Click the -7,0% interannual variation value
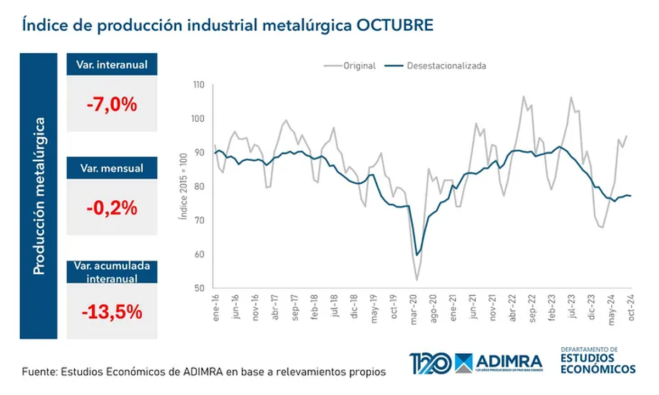(111, 104)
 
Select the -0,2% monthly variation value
(111, 208)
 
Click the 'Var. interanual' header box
(111, 64)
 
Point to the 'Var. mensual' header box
(111, 168)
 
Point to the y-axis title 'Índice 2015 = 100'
(182, 187)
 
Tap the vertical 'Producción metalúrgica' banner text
(39, 195)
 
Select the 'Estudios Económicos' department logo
(598, 360)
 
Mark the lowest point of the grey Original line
(417, 280)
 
